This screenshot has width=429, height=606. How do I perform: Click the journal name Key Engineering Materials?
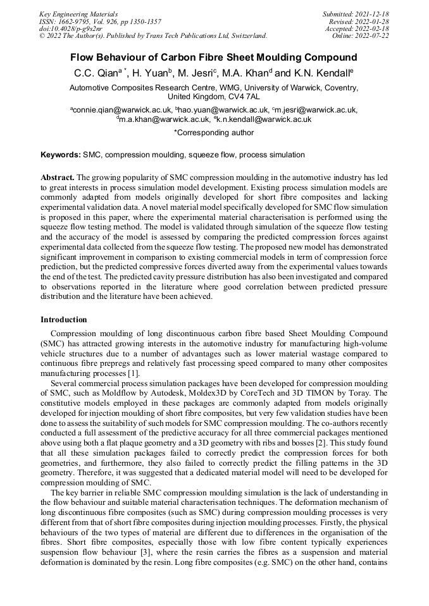coord(78,14)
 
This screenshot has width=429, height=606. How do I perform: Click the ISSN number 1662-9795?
coord(73,21)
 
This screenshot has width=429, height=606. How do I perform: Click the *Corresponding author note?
coord(214,133)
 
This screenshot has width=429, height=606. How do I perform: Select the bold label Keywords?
coord(61,154)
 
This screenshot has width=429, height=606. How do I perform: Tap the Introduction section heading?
coord(64,320)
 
